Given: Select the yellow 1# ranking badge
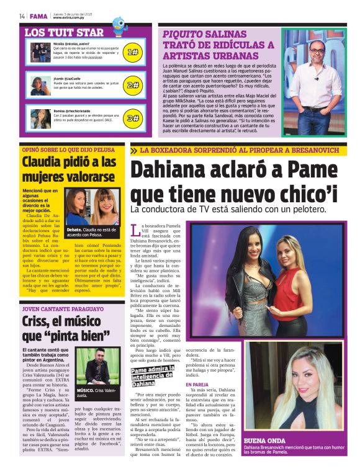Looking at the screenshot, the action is click(132, 52).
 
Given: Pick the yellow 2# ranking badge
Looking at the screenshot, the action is click(132, 85).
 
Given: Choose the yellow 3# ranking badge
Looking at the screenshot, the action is click(132, 118).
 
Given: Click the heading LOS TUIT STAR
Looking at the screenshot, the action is click(64, 32).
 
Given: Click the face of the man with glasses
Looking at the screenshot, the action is click(317, 48).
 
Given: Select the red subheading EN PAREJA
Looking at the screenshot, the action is click(197, 385).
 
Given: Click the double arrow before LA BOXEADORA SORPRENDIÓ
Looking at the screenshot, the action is click(134, 150).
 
